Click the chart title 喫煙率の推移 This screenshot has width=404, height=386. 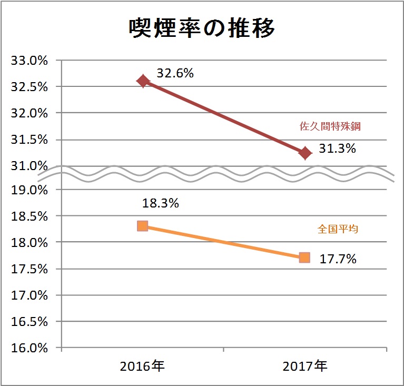(x=202, y=29)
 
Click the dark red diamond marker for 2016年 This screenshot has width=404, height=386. (x=143, y=81)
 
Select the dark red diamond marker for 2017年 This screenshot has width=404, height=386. (x=305, y=153)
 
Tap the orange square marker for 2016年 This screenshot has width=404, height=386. (x=142, y=226)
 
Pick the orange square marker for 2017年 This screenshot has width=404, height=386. (x=304, y=258)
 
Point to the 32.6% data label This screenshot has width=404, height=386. (x=175, y=74)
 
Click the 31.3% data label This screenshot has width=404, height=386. (x=338, y=149)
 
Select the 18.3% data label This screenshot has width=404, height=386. (x=160, y=203)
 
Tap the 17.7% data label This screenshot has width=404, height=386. (x=339, y=259)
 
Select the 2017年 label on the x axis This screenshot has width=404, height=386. (x=305, y=366)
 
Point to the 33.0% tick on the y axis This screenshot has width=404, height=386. (x=29, y=61)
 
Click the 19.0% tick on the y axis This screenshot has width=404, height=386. (x=29, y=190)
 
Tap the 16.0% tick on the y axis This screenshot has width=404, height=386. (x=29, y=348)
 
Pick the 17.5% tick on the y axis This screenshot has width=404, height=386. (x=29, y=269)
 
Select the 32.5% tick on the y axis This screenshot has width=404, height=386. (x=29, y=87)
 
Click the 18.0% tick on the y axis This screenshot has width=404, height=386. (x=29, y=242)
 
